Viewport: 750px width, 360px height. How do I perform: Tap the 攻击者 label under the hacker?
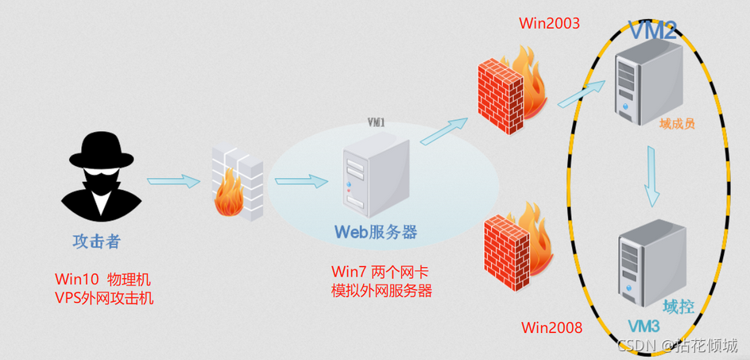point(96,240)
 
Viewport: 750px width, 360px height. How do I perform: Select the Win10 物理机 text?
point(102,280)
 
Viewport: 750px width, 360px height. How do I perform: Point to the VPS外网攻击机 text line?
point(104,298)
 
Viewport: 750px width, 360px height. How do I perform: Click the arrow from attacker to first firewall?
point(172,181)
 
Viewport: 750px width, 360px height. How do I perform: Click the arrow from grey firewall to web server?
point(301,182)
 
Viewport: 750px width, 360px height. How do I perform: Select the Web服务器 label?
point(376,232)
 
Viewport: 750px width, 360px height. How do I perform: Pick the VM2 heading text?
point(653,31)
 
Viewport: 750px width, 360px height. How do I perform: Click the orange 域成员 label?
point(677,124)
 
